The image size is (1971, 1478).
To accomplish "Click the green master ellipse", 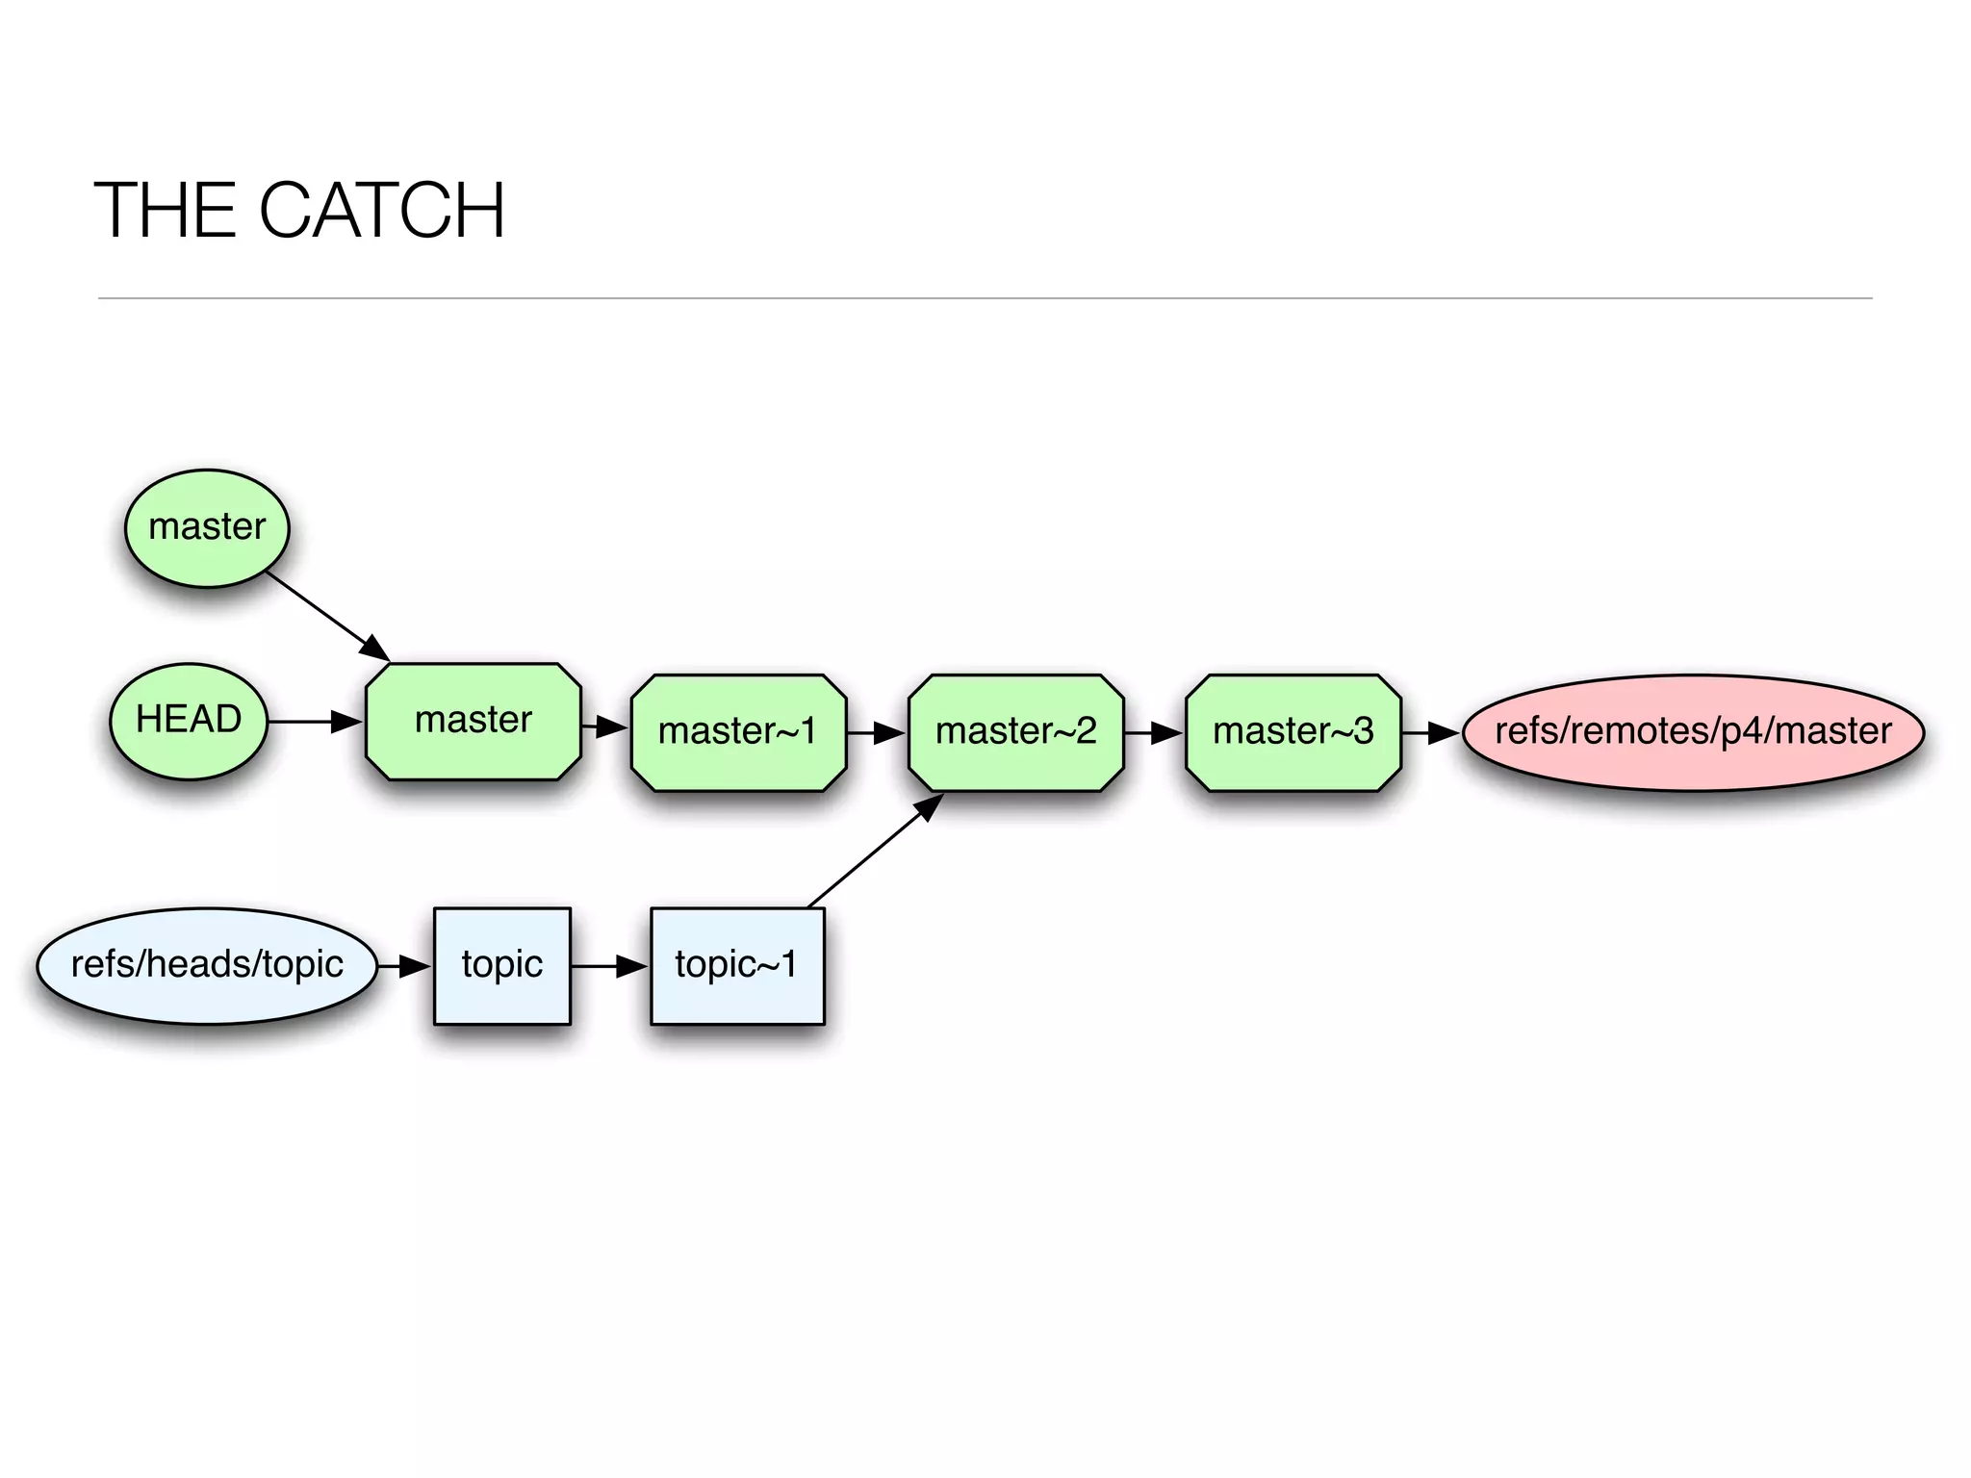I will tap(207, 528).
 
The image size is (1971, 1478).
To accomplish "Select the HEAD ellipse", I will tap(189, 721).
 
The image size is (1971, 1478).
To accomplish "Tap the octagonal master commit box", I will tap(474, 721).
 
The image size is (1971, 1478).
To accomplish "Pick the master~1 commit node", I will tap(738, 732).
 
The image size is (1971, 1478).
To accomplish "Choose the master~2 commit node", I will tap(1015, 732).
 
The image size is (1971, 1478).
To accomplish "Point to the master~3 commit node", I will tap(1293, 732).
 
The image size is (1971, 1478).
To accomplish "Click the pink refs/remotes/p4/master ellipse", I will tap(1693, 732).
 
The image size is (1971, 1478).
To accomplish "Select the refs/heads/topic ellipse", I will tap(207, 965).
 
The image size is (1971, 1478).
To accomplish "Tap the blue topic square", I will tap(501, 965).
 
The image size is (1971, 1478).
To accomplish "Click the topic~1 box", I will tap(737, 965).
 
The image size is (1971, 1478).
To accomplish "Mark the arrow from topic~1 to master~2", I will tap(874, 851).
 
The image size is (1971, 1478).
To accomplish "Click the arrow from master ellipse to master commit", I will tap(327, 616).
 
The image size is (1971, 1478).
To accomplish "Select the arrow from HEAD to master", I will tap(315, 722).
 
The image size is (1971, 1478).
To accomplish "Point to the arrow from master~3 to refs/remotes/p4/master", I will tap(1431, 733).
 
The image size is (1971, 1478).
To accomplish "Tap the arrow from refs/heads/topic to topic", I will tap(404, 965).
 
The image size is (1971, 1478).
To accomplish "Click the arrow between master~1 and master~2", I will tap(877, 733).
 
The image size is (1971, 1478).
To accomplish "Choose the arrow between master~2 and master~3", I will tap(1154, 733).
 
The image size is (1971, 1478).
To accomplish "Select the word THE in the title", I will tap(165, 211).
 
